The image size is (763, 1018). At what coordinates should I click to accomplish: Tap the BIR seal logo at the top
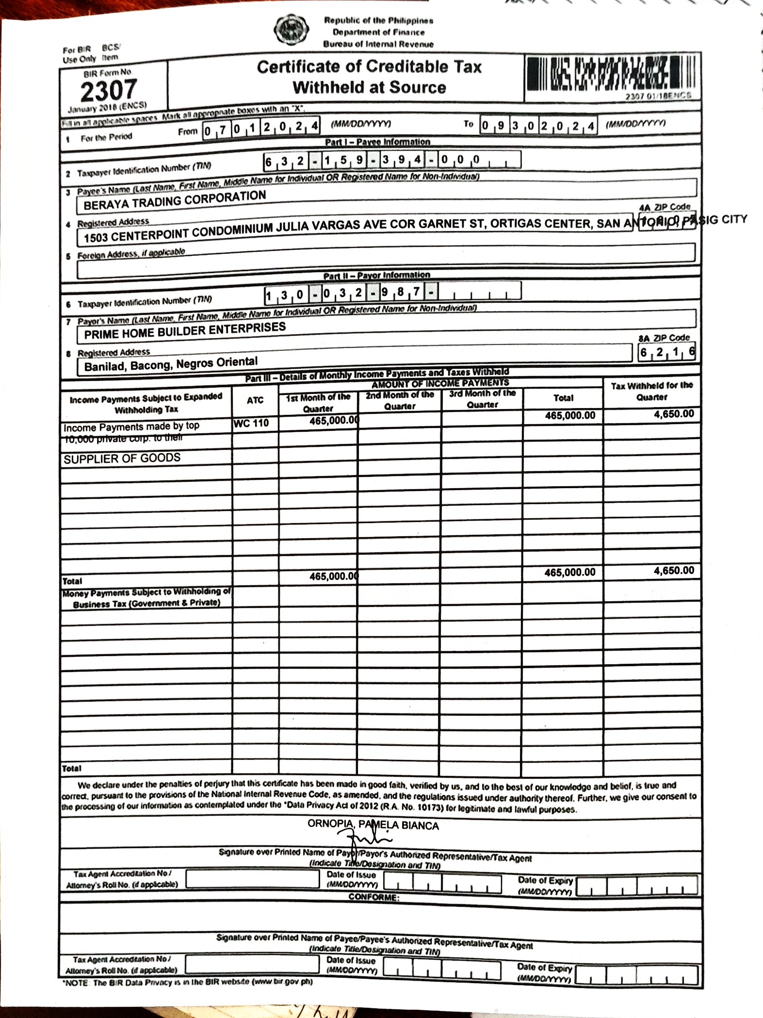(x=290, y=31)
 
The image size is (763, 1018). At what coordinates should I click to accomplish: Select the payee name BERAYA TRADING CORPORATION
(x=175, y=200)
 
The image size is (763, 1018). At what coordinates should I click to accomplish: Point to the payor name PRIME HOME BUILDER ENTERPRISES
(x=185, y=331)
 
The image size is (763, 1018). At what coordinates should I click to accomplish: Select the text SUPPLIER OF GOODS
(x=122, y=459)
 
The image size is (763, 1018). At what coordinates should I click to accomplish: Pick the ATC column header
(x=255, y=400)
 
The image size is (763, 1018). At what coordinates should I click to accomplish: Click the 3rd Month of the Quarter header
(x=482, y=399)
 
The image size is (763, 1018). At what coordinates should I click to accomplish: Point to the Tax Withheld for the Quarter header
(x=651, y=391)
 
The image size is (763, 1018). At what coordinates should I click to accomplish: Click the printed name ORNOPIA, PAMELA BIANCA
(x=373, y=825)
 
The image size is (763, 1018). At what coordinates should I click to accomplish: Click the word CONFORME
(x=373, y=897)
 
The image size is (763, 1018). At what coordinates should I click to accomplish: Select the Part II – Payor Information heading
(x=377, y=276)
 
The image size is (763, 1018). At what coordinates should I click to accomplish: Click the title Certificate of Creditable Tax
(x=369, y=67)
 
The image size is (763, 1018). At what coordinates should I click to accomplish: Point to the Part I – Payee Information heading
(x=377, y=142)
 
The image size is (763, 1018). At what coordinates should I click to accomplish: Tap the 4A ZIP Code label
(x=665, y=207)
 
